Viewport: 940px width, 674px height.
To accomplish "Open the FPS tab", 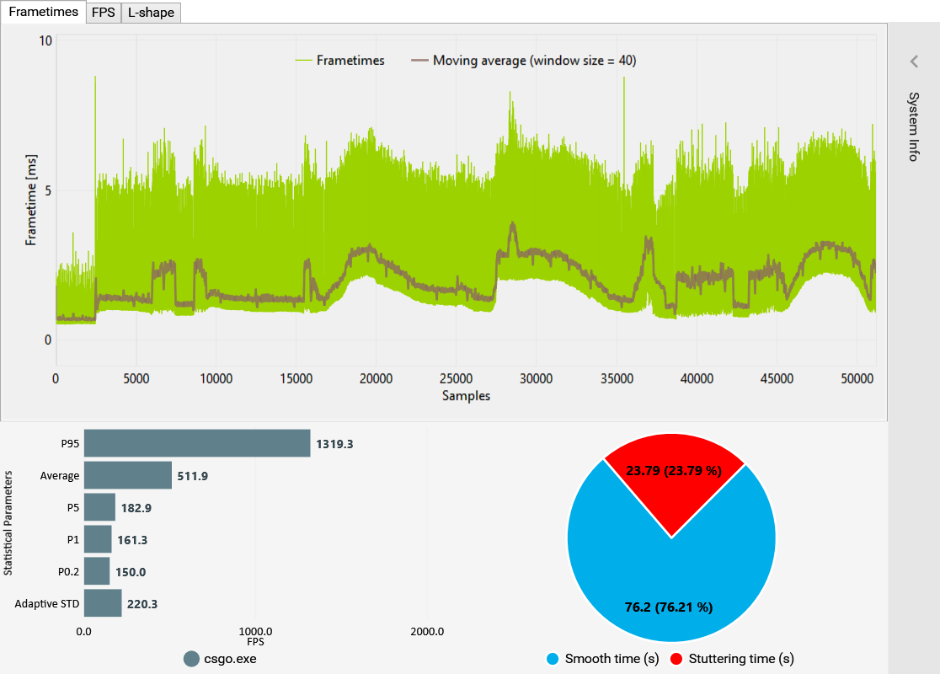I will pyautogui.click(x=104, y=13).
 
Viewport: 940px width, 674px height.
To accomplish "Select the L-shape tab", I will pyautogui.click(x=151, y=13).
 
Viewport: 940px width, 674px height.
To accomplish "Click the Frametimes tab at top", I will pyautogui.click(x=43, y=12).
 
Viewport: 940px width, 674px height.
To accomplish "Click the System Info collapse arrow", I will pyautogui.click(x=914, y=62).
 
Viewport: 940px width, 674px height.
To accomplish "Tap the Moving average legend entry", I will pyautogui.click(x=523, y=61).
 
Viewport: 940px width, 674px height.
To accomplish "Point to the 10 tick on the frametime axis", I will pyautogui.click(x=45, y=40).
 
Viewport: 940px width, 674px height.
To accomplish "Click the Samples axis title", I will pyautogui.click(x=466, y=396).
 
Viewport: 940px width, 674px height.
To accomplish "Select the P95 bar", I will pyautogui.click(x=197, y=443).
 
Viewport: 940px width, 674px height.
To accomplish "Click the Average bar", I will pyautogui.click(x=128, y=475).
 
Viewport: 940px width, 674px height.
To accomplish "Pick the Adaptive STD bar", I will pyautogui.click(x=103, y=603).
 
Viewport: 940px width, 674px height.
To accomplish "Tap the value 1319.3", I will pyautogui.click(x=334, y=443).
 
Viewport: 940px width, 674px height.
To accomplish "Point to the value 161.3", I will pyautogui.click(x=134, y=540).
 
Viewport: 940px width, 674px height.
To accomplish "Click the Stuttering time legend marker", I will pyautogui.click(x=676, y=659).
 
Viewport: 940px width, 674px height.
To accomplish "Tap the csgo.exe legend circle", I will pyautogui.click(x=191, y=659).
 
